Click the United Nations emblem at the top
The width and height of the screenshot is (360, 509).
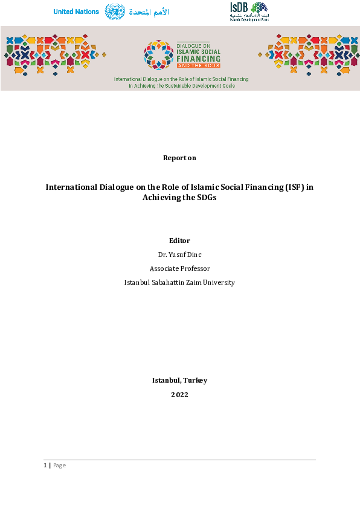tap(115, 11)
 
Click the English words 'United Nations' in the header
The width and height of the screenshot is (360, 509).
tap(76, 12)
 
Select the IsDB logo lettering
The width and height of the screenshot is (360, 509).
tap(239, 7)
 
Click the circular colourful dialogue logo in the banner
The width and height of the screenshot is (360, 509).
tap(158, 55)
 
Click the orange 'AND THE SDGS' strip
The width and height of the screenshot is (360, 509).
tap(199, 65)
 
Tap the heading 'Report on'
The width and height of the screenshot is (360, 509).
tap(179, 158)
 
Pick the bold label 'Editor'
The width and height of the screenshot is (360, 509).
tap(179, 241)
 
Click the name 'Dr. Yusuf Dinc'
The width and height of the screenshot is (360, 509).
tap(179, 254)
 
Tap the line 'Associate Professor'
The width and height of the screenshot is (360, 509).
tap(179, 268)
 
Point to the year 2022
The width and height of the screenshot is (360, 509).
tap(179, 395)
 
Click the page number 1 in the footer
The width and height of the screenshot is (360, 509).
tap(45, 465)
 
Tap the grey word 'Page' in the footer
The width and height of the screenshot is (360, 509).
tap(59, 465)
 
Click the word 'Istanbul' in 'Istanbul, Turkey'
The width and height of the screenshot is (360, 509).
tap(165, 380)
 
